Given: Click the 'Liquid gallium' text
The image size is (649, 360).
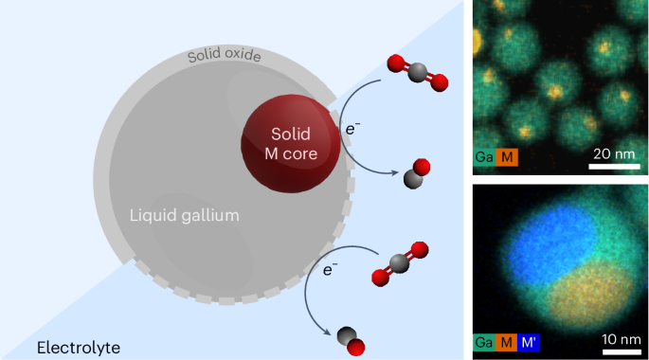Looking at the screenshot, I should tap(184, 216).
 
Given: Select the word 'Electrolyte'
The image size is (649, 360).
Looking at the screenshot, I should tap(79, 348).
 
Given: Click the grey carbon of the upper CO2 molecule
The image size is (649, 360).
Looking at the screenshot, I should tap(414, 75).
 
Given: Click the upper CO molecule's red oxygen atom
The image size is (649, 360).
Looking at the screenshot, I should tap(423, 169).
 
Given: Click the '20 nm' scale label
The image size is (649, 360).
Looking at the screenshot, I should tap(614, 154).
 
